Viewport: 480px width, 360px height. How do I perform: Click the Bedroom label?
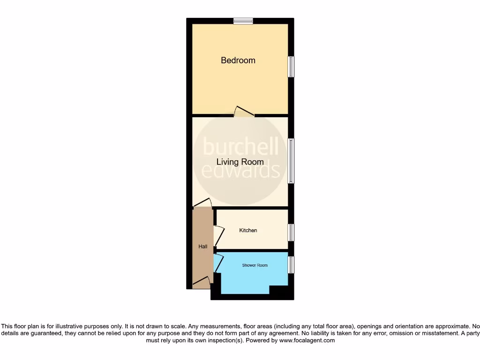point(238,60)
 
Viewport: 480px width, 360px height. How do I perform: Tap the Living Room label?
point(240,162)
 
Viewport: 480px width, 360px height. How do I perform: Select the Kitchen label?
point(248,230)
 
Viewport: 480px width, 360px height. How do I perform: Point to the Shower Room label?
point(255,265)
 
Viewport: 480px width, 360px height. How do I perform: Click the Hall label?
point(202,247)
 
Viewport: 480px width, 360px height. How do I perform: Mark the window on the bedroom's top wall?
point(243,21)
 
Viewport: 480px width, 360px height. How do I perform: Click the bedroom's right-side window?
point(291,67)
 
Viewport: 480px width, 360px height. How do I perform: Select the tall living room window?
point(291,161)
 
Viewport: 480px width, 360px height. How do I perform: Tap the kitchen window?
point(291,232)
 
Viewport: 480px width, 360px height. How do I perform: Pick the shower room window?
point(291,265)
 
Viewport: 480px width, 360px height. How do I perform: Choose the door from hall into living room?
point(202,202)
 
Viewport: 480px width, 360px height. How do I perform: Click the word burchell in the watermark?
point(240,147)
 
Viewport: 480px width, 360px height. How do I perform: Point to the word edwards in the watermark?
point(240,171)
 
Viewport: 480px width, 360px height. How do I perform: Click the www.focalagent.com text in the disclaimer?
point(307,341)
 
